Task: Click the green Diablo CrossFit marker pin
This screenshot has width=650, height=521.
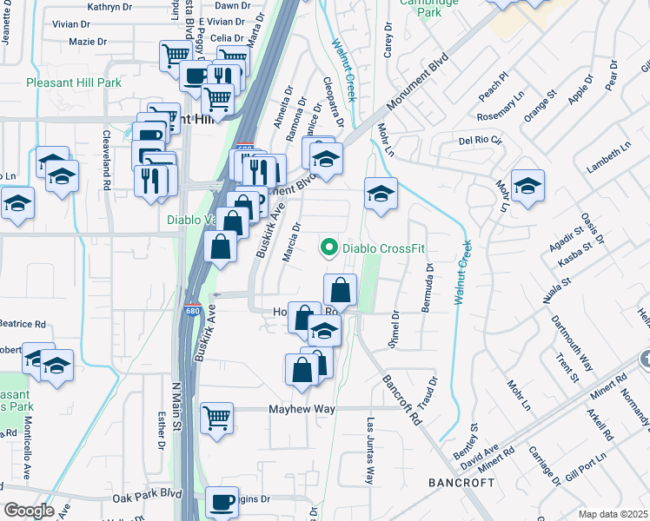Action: pos(329,248)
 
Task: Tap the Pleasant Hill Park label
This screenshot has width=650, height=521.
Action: pos(73,83)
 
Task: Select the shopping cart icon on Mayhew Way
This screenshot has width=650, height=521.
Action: pos(217,417)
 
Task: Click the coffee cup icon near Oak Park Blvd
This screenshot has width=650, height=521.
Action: pos(222,501)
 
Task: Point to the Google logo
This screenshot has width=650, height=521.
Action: pos(29,511)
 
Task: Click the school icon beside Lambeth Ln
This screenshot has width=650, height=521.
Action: pos(527,186)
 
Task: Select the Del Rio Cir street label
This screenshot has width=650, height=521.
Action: pos(481,140)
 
